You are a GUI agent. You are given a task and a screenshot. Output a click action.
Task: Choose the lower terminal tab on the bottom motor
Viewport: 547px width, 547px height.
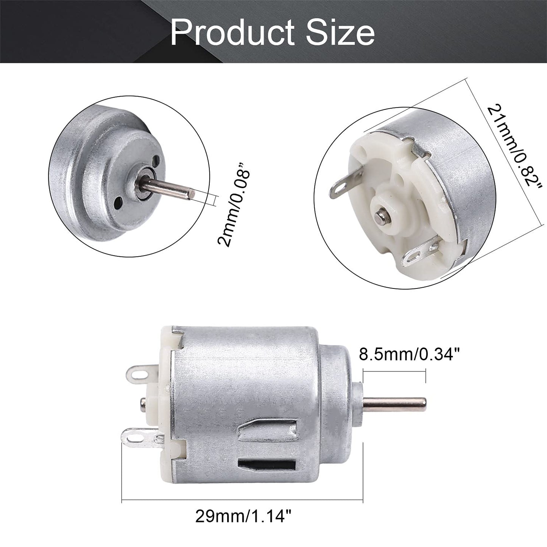140,441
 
